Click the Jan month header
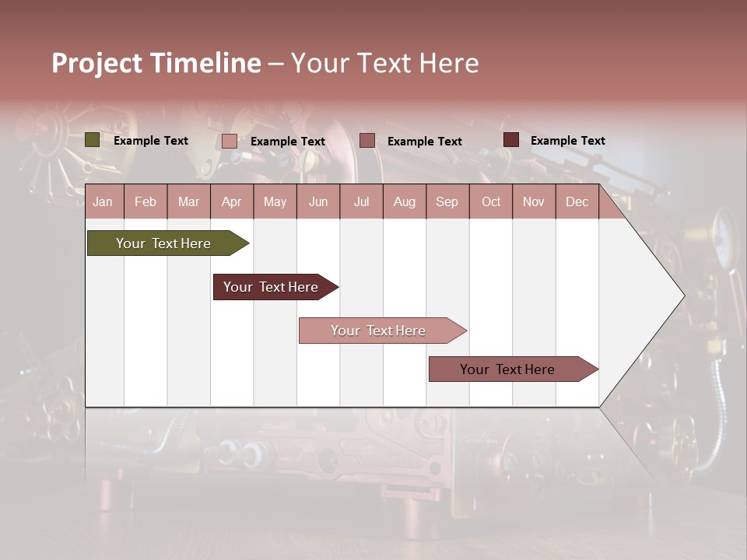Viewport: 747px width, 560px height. coord(103,202)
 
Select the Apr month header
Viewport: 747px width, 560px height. coord(231,202)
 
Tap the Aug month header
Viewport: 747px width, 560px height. coord(404,202)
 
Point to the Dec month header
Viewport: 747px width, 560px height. coord(577,202)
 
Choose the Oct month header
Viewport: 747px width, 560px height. coord(491,202)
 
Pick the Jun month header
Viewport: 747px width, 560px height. coord(318,202)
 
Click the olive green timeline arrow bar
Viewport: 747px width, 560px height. coord(163,243)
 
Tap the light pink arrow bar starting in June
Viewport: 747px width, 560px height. coord(378,331)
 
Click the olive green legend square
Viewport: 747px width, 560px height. coord(92,140)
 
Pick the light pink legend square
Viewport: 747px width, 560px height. coord(229,141)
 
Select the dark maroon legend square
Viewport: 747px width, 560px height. coord(511,140)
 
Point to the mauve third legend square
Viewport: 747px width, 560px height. coord(367,141)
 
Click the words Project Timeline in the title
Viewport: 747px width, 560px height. coord(156,63)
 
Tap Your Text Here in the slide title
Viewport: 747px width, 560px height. coord(384,63)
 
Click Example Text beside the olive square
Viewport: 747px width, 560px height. coord(151,141)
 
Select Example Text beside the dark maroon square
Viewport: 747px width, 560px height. coord(568,141)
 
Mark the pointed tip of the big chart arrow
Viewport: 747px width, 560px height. coord(683,296)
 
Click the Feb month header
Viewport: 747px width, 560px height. coord(146,202)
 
